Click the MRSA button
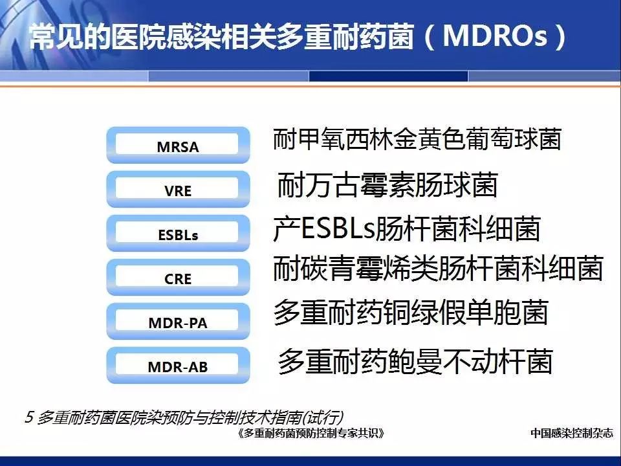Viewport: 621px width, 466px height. pos(179,145)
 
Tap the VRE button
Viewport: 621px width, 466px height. pos(179,189)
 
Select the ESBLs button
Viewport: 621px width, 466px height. pos(179,233)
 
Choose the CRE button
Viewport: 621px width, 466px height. pos(179,277)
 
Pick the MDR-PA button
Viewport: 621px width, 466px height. pos(179,321)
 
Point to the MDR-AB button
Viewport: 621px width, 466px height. pos(179,365)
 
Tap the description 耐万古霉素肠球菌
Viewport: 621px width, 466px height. pos(387,184)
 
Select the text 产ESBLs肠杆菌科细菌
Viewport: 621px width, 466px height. pos(407,228)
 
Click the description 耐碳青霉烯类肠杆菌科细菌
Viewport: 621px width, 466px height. pos(438,269)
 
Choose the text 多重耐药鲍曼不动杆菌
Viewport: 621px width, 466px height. pos(415,361)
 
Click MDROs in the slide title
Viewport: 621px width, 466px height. pos(495,36)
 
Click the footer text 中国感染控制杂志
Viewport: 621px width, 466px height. pos(572,433)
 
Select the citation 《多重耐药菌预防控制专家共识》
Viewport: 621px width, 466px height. pos(311,434)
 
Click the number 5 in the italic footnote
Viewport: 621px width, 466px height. pos(29,417)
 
